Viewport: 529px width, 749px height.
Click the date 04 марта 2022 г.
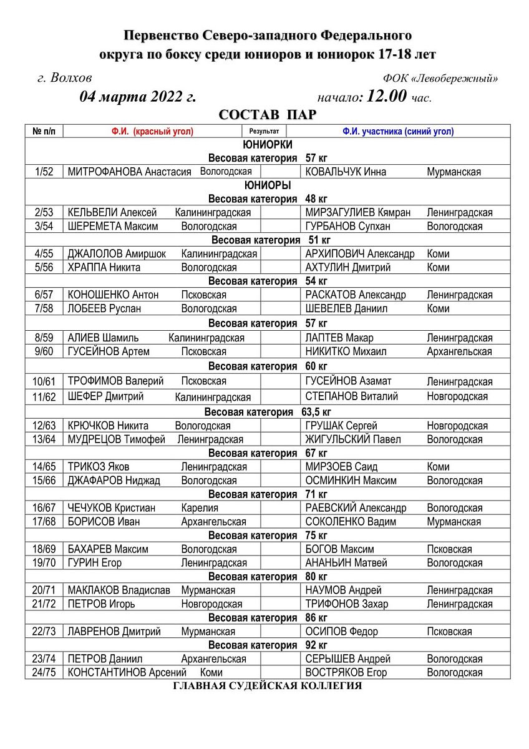coord(137,97)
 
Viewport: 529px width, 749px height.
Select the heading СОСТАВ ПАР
coord(268,115)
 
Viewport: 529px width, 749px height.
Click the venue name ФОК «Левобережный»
coord(440,79)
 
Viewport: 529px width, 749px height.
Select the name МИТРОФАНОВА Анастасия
coord(129,172)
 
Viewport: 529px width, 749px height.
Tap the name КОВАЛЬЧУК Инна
coord(346,172)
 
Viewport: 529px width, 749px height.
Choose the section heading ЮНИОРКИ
coord(268,145)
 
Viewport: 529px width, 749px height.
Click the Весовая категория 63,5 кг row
coord(268,412)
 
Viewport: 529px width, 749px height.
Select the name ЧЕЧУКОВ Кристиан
coord(112,508)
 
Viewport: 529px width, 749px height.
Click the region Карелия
coord(200,508)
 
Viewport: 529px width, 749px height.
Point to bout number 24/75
coord(44,673)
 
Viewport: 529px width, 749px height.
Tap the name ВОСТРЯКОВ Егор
coord(346,673)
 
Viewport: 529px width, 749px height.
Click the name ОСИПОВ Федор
coord(341,632)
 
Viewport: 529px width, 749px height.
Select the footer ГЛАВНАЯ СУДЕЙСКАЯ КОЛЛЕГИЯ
coord(268,686)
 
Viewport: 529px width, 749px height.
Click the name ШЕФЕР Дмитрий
coord(105,396)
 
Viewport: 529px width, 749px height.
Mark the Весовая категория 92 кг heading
coord(268,645)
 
